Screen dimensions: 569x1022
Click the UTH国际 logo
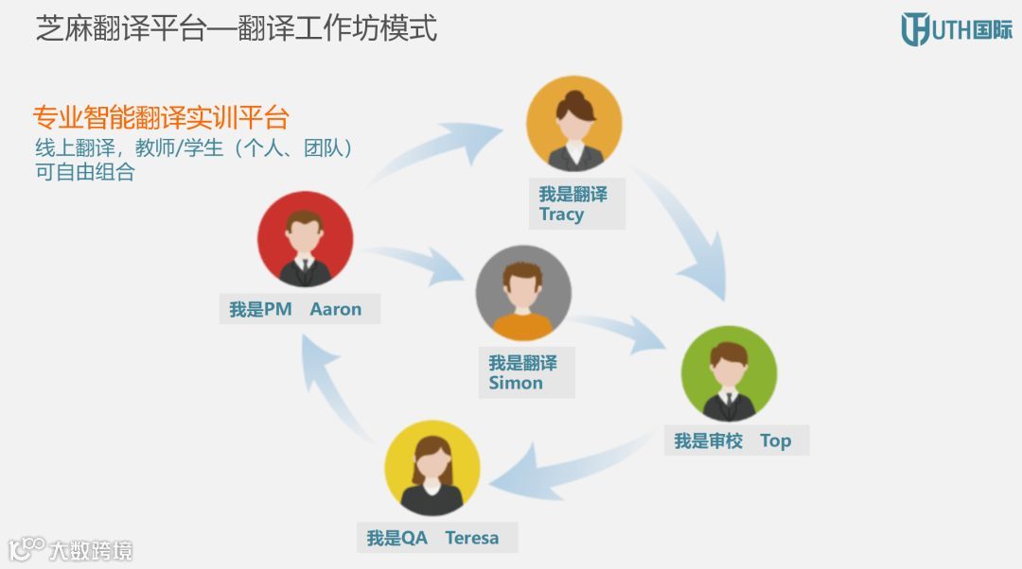tap(956, 29)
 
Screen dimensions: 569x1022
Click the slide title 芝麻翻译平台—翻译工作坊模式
tap(237, 27)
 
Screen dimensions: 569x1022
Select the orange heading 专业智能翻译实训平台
tap(161, 118)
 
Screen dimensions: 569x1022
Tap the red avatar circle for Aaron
tap(305, 238)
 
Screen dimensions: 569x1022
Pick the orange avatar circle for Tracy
tap(574, 123)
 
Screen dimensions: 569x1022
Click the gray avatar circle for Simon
tap(523, 293)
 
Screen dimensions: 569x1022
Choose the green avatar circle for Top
tap(729, 373)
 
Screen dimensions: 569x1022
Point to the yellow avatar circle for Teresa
tap(432, 468)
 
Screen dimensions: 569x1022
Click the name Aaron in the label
tap(336, 309)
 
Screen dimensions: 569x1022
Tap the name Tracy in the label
tap(561, 215)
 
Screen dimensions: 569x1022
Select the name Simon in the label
tap(516, 383)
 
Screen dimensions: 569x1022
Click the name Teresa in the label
tap(471, 538)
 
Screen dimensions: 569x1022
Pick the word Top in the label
tap(775, 440)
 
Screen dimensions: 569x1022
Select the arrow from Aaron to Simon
tap(416, 262)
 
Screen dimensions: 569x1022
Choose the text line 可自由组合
tap(84, 173)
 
